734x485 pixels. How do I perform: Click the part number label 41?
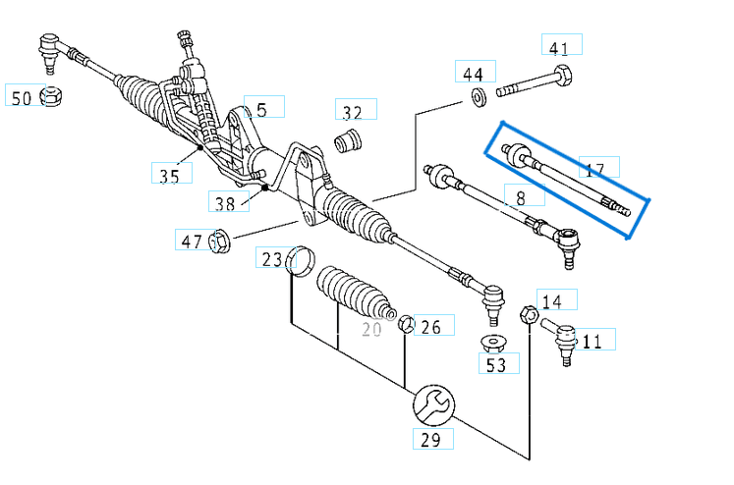click(x=559, y=47)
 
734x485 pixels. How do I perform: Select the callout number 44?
click(x=474, y=74)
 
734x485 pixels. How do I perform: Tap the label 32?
click(x=352, y=111)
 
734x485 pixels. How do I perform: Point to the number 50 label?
click(x=22, y=96)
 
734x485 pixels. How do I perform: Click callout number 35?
click(x=169, y=176)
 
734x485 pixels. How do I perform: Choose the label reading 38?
click(x=225, y=203)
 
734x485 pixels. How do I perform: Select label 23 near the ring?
click(x=271, y=259)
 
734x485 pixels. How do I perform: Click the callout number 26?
click(x=430, y=325)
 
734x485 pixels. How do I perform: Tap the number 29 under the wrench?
click(x=430, y=439)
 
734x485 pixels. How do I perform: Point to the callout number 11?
click(x=592, y=341)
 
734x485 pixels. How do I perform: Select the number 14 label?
click(x=552, y=301)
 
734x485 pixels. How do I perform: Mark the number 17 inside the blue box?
click(x=594, y=170)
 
